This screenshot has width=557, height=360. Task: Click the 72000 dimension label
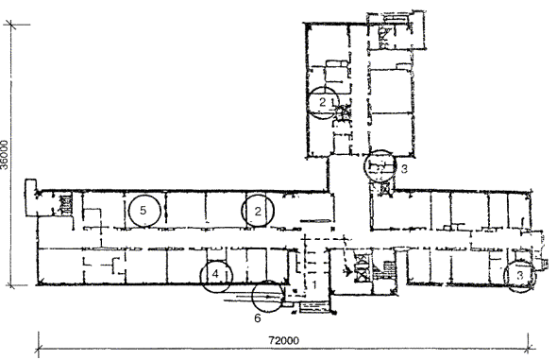283,340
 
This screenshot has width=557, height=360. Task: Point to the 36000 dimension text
5,155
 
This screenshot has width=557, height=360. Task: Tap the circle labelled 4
216,260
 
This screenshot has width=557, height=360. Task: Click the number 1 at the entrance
314,284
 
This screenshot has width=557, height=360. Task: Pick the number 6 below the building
258,317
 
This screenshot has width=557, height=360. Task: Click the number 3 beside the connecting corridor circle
404,169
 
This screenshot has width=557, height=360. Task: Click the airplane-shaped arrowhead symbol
347,271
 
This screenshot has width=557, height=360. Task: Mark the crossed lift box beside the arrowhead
362,268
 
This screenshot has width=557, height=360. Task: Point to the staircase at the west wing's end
66,204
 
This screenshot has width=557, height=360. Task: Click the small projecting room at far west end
30,197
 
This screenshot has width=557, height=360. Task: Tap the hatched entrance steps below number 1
314,307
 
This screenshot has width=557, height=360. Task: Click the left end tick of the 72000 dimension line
39,348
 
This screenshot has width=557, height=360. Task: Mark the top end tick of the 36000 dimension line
10,25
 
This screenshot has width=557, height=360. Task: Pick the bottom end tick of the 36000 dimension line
10,284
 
